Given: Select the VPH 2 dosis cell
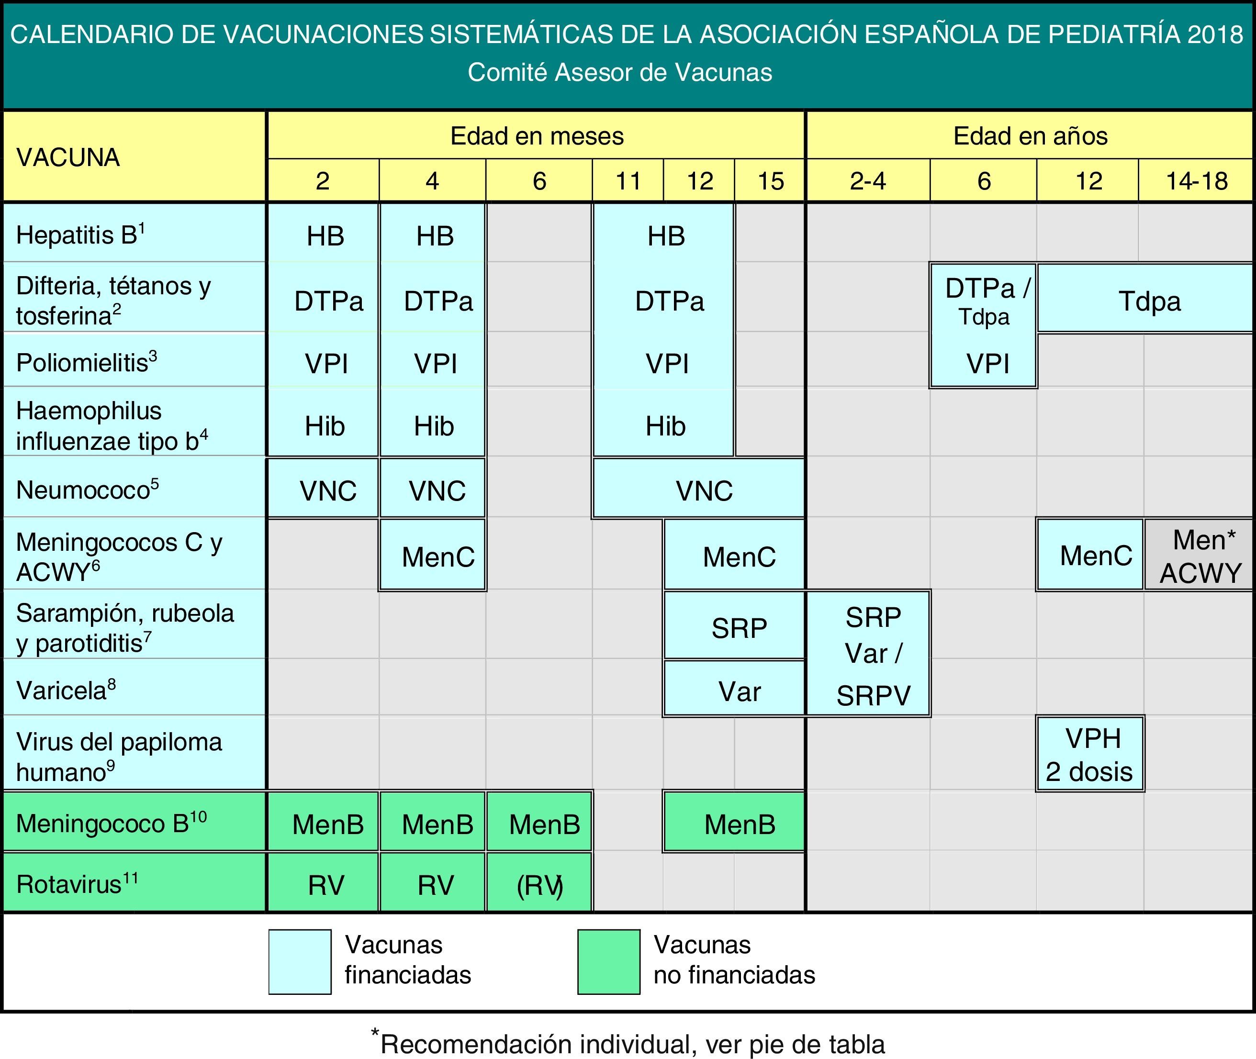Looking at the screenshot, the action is pos(1090,755).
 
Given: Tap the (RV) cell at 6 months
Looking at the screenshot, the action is pos(539,885).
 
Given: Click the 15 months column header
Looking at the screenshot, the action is pos(770,181).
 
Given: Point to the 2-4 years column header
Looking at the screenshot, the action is pos(867,181).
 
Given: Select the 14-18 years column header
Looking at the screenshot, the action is pos(1197,181).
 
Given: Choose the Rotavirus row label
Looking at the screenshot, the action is pos(78,884).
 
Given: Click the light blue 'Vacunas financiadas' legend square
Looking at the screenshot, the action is pos(300,962).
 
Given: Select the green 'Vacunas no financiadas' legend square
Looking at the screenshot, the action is pos(609,962).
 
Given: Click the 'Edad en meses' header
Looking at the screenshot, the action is pos(537,136).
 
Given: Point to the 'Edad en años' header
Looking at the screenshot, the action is pos(1030,136).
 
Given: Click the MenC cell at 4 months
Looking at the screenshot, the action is pos(437,557).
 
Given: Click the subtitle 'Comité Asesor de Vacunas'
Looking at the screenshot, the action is pos(619,73).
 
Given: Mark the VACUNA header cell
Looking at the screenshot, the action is pos(68,157).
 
